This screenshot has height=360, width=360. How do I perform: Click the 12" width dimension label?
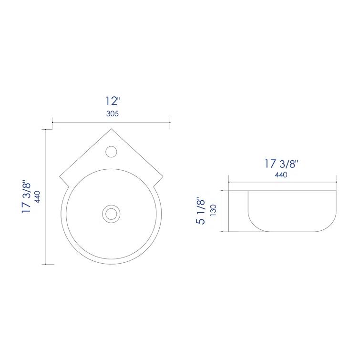(113, 101)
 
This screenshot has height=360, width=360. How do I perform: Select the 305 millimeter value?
(112, 113)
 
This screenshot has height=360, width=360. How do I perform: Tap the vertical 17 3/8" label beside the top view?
(27, 196)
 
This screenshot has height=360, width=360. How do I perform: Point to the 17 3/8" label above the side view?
(281, 164)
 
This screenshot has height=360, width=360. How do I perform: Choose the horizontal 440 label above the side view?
(281, 175)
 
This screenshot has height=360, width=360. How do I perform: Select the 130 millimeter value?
(214, 210)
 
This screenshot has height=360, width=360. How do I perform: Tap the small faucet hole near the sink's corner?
(111, 151)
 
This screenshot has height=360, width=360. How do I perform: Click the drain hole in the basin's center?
(112, 213)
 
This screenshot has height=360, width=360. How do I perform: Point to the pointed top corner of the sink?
(112, 128)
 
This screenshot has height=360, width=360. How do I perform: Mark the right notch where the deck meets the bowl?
(157, 185)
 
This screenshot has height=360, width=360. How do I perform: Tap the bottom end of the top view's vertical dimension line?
(45, 264)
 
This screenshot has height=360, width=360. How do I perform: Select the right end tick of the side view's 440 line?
(336, 182)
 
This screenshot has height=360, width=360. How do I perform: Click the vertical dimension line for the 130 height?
(222, 210)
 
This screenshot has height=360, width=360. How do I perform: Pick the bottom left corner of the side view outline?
(229, 232)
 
